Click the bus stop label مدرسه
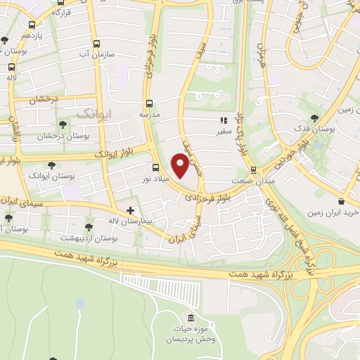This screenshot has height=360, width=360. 149,114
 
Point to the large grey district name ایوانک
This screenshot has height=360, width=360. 93,112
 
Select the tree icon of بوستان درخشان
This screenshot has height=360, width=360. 63,124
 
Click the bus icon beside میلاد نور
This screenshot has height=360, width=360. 156,167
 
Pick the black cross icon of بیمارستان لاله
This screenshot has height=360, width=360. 129,210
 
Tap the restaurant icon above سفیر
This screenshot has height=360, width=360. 224,120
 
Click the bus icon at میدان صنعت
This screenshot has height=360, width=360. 253,169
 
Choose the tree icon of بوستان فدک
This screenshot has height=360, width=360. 314,119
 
